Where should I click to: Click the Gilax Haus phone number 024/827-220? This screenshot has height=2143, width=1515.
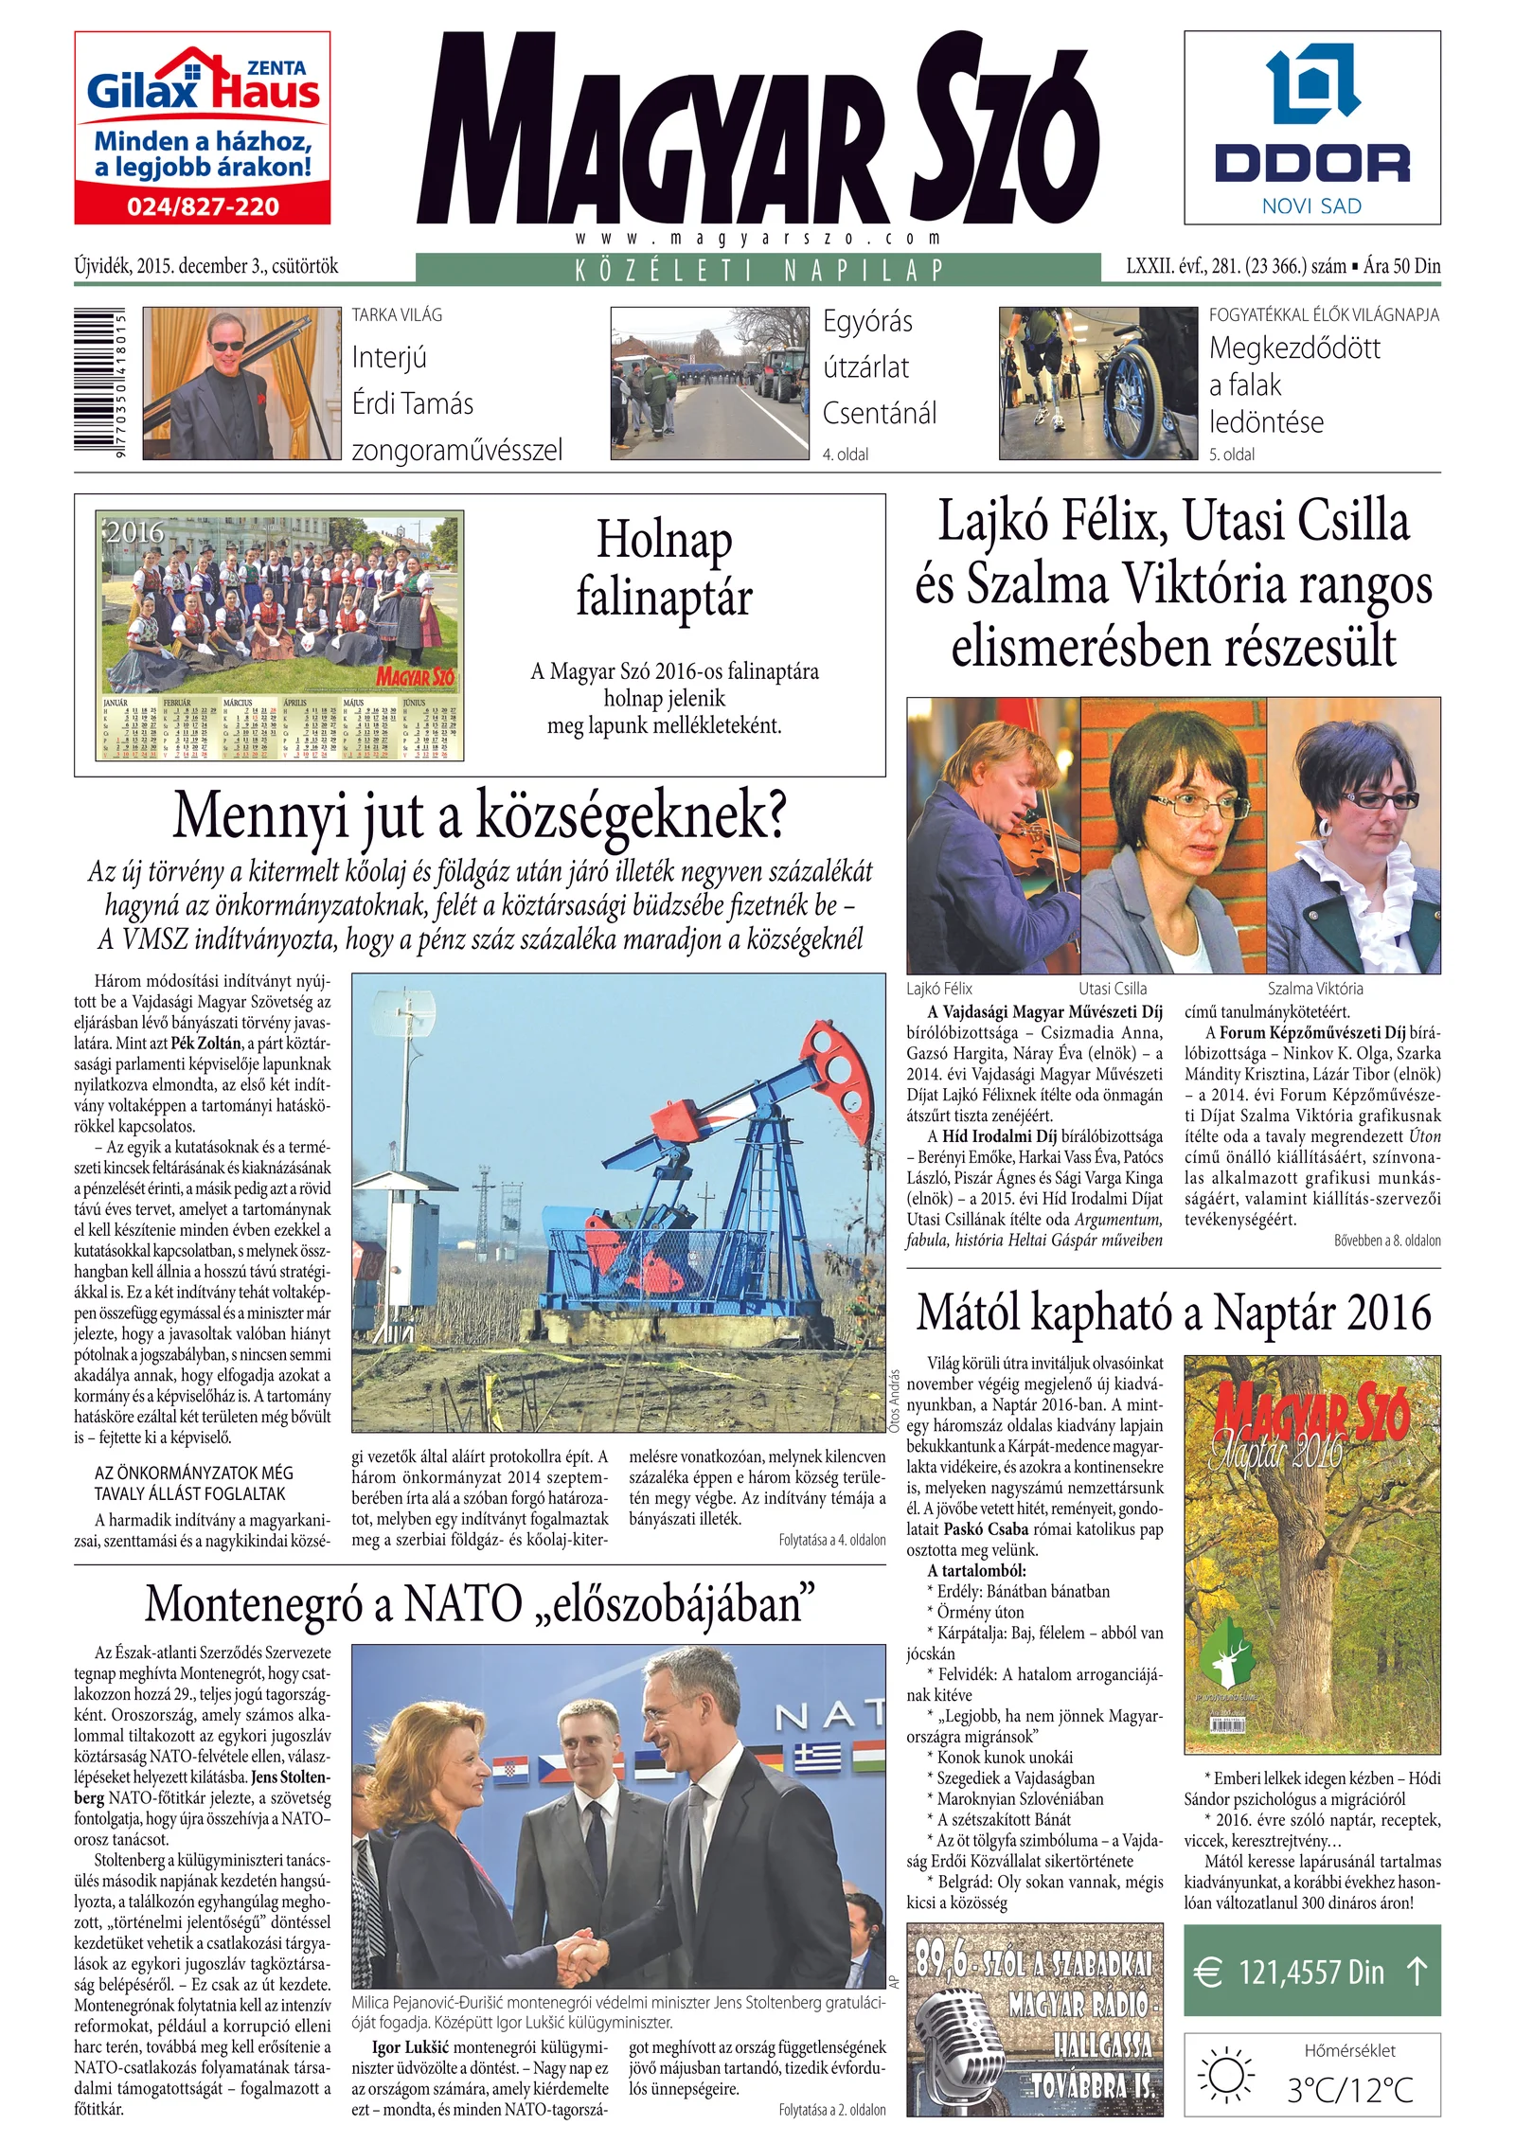coord(203,206)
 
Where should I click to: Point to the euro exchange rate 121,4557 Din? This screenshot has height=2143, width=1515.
coord(1311,1973)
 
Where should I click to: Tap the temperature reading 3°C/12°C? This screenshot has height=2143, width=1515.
coord(1349,2089)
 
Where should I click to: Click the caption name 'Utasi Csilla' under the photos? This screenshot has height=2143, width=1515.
coord(1113,989)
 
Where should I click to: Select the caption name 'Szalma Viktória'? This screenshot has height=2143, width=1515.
coord(1315,989)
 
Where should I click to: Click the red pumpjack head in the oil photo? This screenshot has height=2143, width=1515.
coord(841,1051)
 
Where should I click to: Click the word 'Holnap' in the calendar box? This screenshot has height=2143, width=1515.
coord(664,541)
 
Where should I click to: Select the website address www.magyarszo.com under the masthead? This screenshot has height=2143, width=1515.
coord(757,238)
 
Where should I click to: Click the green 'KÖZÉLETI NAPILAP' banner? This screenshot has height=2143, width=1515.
coord(757,269)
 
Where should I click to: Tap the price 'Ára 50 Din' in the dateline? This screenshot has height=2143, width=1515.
coord(1402,266)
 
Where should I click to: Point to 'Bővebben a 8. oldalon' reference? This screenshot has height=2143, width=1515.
coord(1387,1241)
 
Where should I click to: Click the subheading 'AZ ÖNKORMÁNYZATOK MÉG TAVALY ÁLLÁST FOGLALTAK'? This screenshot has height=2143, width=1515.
coord(194,1483)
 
